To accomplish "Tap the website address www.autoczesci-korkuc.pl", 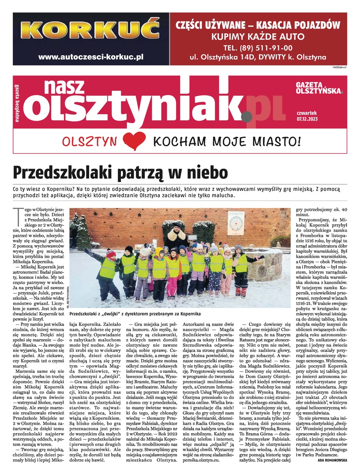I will coord(91,57).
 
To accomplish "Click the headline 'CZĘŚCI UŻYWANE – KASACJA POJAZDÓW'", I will coord(258,25).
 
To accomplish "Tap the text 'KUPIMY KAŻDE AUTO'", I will coord(258,37).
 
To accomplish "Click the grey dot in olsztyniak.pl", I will coord(247,116).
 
